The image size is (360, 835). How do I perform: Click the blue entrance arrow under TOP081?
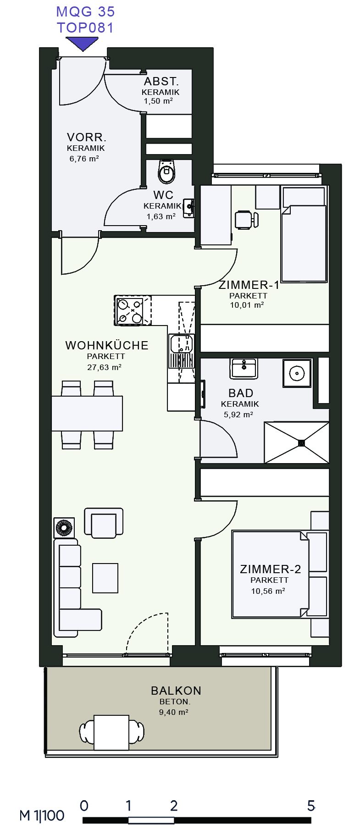click(x=83, y=44)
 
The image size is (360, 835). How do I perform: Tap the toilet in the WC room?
click(x=166, y=171)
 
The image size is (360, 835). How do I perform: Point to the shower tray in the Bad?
click(x=297, y=442)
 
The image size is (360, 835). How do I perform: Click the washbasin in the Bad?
click(x=244, y=368)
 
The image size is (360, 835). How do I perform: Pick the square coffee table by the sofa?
click(x=105, y=578)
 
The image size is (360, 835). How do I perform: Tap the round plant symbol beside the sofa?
click(x=64, y=528)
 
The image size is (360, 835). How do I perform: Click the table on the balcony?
click(x=111, y=732)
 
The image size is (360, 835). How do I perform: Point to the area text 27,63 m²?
click(x=104, y=367)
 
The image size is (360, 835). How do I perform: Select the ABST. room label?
click(x=161, y=82)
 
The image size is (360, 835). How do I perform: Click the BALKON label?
click(x=176, y=691)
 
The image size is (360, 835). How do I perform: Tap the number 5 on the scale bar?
click(x=311, y=806)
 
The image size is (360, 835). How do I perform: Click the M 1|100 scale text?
click(x=42, y=816)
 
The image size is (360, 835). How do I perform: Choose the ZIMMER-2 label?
click(x=271, y=569)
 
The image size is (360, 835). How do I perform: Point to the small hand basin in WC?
click(x=188, y=208)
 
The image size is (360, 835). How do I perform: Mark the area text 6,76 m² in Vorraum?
click(x=84, y=159)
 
